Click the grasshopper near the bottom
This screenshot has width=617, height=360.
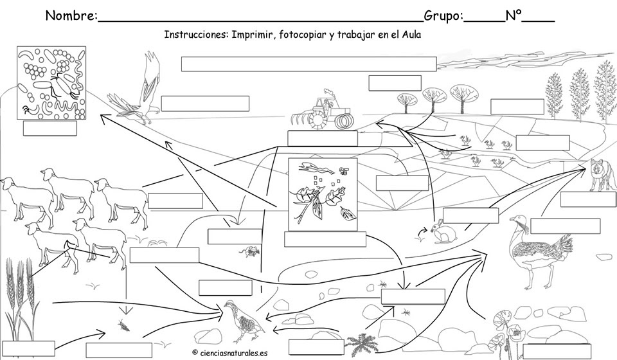(x=121, y=325)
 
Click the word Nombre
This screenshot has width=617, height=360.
(x=71, y=16)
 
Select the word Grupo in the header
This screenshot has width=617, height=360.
(x=442, y=16)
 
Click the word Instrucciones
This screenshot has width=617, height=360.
(x=194, y=35)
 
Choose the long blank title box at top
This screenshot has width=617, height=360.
(x=308, y=64)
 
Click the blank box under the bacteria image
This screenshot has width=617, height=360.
(x=49, y=129)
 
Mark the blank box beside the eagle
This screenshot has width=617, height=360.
(x=205, y=104)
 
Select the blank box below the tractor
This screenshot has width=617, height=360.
(x=322, y=138)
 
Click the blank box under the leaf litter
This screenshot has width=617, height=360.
(x=325, y=239)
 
